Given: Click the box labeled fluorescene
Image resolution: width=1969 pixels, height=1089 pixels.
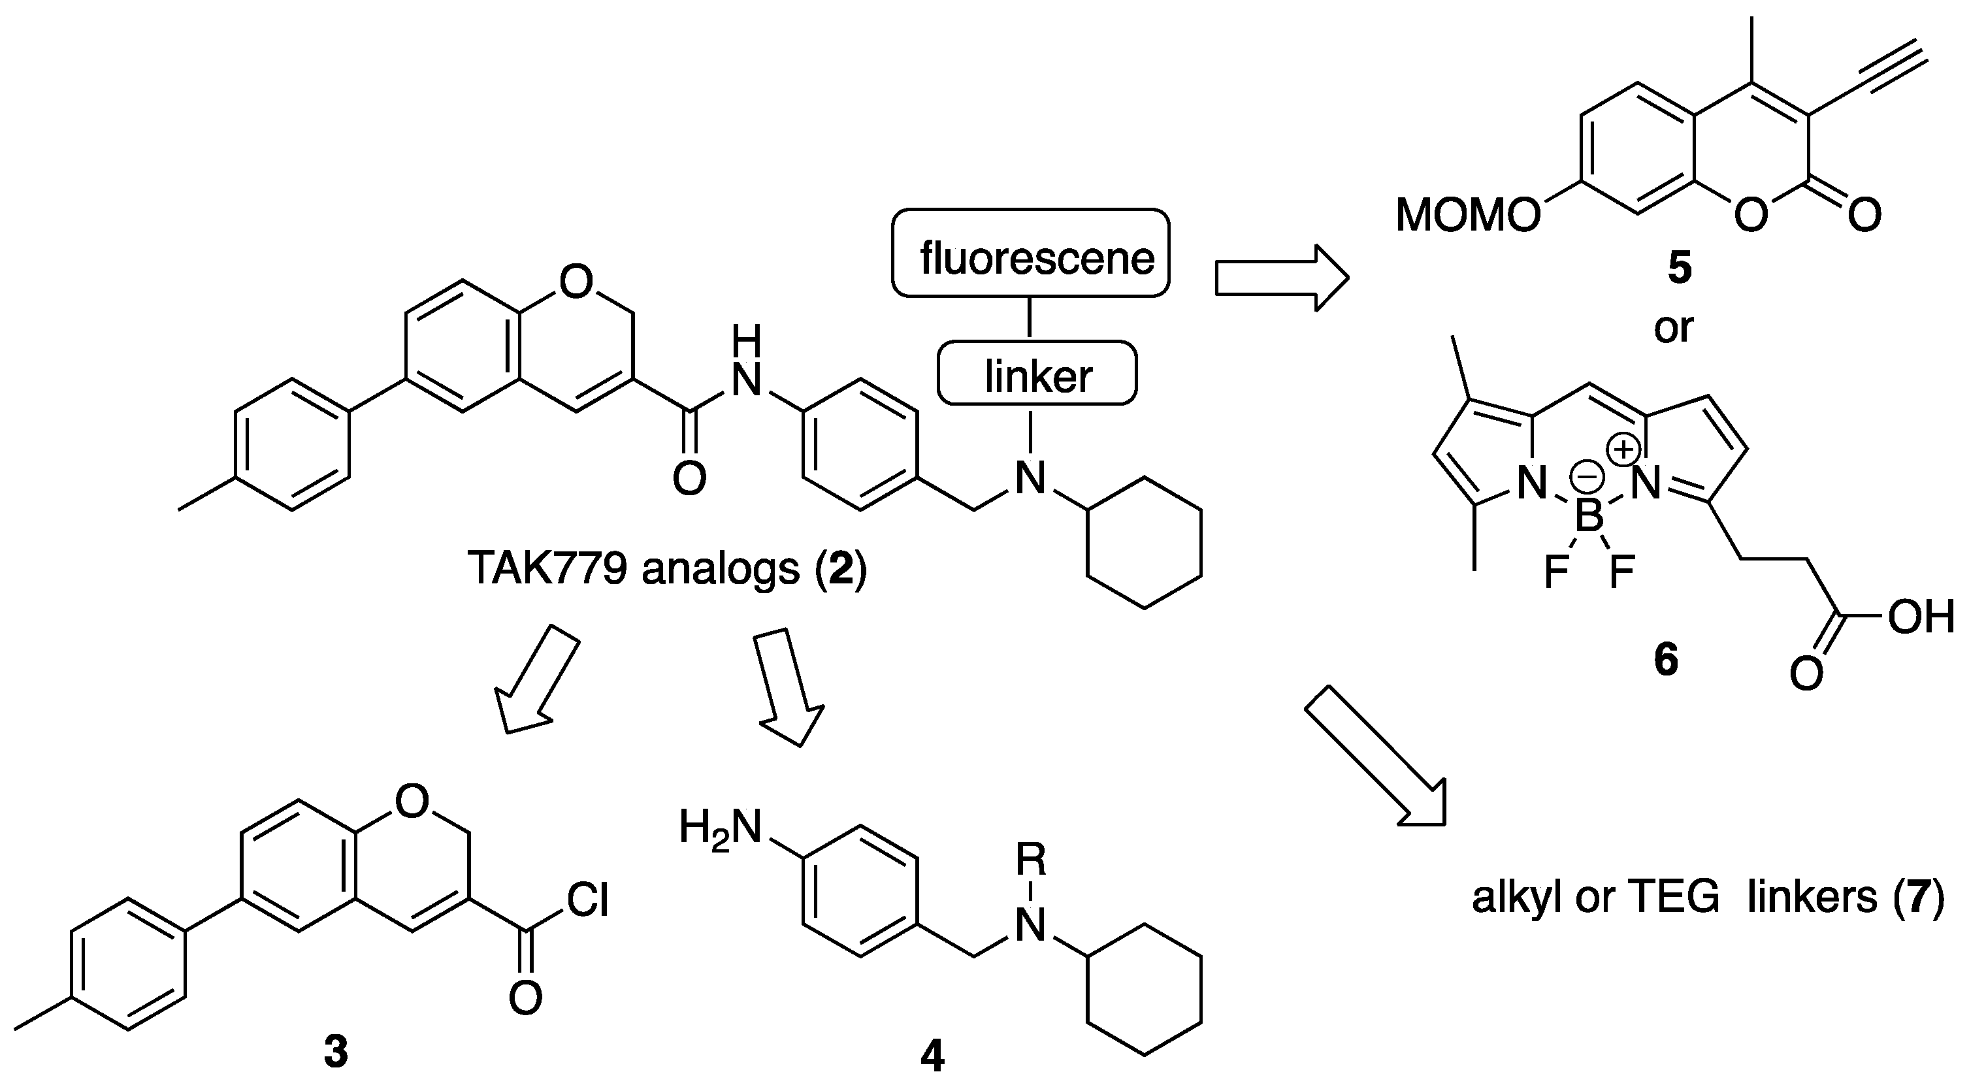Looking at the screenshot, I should coord(1030,253).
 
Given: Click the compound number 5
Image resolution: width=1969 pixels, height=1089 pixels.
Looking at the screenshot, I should coord(1680,268).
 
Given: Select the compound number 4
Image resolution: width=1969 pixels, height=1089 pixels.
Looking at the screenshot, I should coord(932,1058).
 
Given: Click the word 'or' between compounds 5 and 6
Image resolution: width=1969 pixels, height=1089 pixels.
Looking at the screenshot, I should coord(1673,328).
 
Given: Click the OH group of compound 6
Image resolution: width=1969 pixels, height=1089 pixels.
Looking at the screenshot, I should coord(1921,617).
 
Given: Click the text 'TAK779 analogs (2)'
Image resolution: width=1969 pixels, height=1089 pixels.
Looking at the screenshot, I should coord(666,570).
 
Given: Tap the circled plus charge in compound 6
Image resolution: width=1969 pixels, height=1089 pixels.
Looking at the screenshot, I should coord(1622,449).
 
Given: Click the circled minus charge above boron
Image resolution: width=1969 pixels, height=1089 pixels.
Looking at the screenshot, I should coord(1587,478).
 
